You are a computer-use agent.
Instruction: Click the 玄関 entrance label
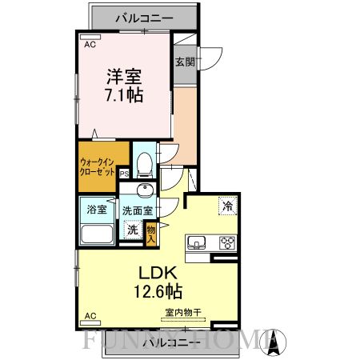tap(185, 61)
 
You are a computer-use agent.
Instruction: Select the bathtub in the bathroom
tap(98, 236)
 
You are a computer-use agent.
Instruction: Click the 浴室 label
tap(97, 210)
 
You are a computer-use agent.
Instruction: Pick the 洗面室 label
tap(138, 210)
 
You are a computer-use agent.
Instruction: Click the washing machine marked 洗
tap(132, 230)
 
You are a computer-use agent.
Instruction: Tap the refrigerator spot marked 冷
tap(227, 205)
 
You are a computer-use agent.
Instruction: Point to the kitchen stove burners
tap(226, 243)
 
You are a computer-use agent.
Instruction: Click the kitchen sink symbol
tap(198, 243)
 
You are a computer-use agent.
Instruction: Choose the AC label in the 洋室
tap(90, 45)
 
